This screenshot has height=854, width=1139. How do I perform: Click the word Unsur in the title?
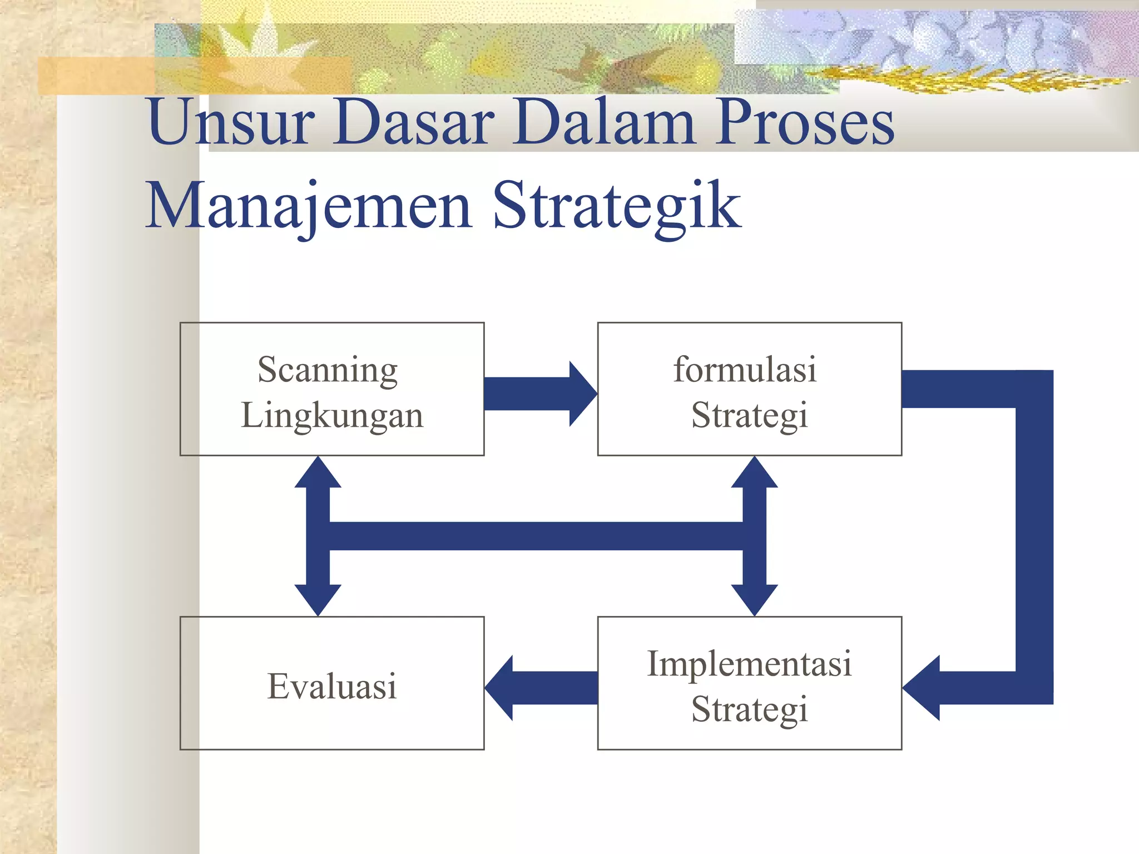tap(231, 121)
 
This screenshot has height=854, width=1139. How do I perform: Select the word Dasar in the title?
tap(414, 121)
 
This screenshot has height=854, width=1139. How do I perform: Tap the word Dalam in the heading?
tap(603, 121)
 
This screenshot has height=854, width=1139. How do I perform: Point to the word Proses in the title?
tap(805, 121)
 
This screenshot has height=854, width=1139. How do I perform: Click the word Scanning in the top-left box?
tap(328, 370)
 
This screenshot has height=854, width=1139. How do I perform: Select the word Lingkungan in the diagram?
tap(332, 415)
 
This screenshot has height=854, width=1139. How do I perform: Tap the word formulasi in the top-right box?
tap(745, 370)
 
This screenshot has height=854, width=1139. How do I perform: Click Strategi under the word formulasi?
tap(749, 415)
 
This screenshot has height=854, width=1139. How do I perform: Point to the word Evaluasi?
tap(332, 686)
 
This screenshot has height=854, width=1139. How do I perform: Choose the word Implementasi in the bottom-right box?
tap(749, 664)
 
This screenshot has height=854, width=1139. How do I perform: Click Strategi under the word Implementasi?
tap(749, 709)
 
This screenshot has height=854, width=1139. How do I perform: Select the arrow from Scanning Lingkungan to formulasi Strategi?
tap(539, 394)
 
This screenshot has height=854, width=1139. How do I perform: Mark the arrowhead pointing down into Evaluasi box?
tap(318, 599)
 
